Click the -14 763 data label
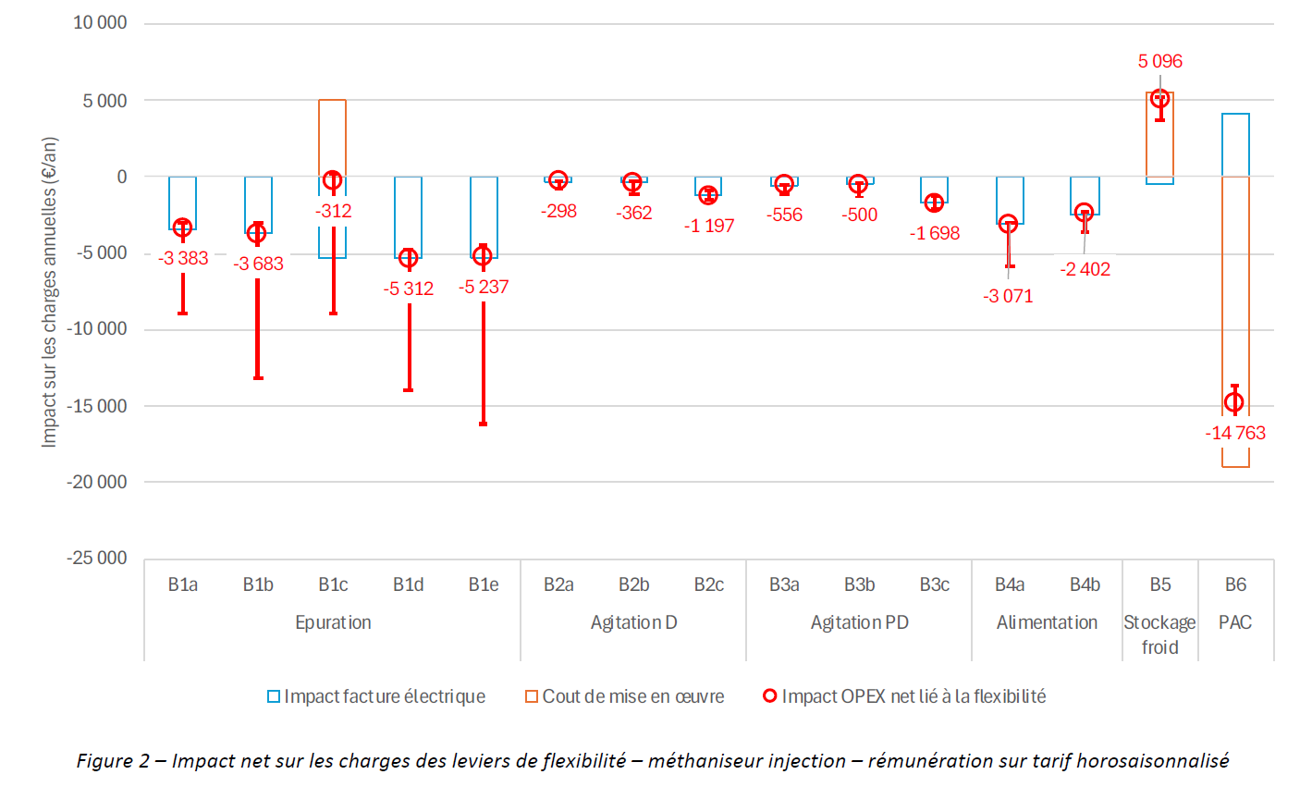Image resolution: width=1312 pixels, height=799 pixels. (1235, 433)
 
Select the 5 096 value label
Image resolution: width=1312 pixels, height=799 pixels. (1159, 61)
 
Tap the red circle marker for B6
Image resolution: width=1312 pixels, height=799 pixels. (1234, 402)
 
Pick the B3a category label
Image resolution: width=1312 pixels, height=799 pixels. (784, 584)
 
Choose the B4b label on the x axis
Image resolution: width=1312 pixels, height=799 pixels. (1085, 584)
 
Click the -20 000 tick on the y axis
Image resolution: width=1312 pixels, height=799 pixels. (96, 482)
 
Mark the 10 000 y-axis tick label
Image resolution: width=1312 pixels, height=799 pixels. (100, 23)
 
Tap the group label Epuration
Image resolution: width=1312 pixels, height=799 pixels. (333, 622)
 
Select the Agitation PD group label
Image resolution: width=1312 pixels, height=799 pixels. (859, 622)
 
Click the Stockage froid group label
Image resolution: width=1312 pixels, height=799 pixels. (1159, 634)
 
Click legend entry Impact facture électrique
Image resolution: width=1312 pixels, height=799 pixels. (384, 696)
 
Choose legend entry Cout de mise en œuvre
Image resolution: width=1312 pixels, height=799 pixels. (632, 696)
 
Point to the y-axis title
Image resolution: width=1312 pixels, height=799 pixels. (49, 291)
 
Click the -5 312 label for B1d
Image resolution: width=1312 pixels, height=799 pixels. (409, 289)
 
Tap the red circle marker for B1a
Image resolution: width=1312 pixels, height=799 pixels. (183, 227)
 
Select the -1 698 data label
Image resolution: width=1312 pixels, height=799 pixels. (935, 233)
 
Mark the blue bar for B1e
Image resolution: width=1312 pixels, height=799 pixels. (484, 217)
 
